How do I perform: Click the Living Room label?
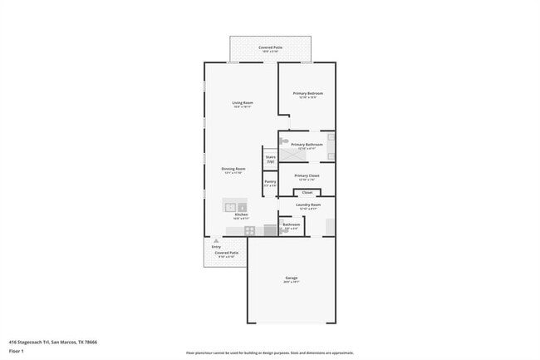242,103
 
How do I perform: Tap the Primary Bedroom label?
307,94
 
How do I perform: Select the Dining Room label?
233,170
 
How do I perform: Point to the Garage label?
292,278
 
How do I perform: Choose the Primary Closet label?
307,176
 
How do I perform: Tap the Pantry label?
270,182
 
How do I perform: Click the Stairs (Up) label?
270,157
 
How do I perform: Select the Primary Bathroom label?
307,145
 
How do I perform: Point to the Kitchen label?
241,215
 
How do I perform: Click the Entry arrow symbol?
216,241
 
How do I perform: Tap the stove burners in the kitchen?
249,229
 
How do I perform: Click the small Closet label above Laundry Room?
307,192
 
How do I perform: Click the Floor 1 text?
16,350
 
